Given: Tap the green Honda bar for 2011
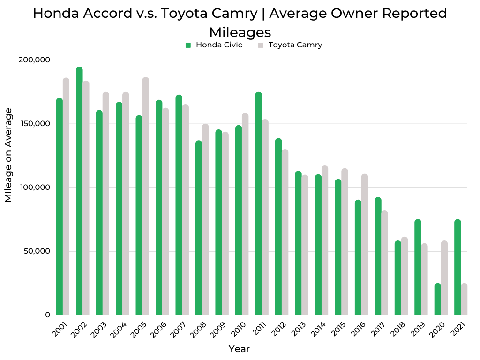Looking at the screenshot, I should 258,203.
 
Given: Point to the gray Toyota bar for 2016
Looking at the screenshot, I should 365,244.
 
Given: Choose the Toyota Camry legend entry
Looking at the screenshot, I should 295,45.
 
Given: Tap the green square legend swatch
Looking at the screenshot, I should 188,45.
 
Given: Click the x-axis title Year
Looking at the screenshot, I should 239,349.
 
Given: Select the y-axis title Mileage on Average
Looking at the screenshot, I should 8,155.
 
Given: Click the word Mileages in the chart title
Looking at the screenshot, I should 240,32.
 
